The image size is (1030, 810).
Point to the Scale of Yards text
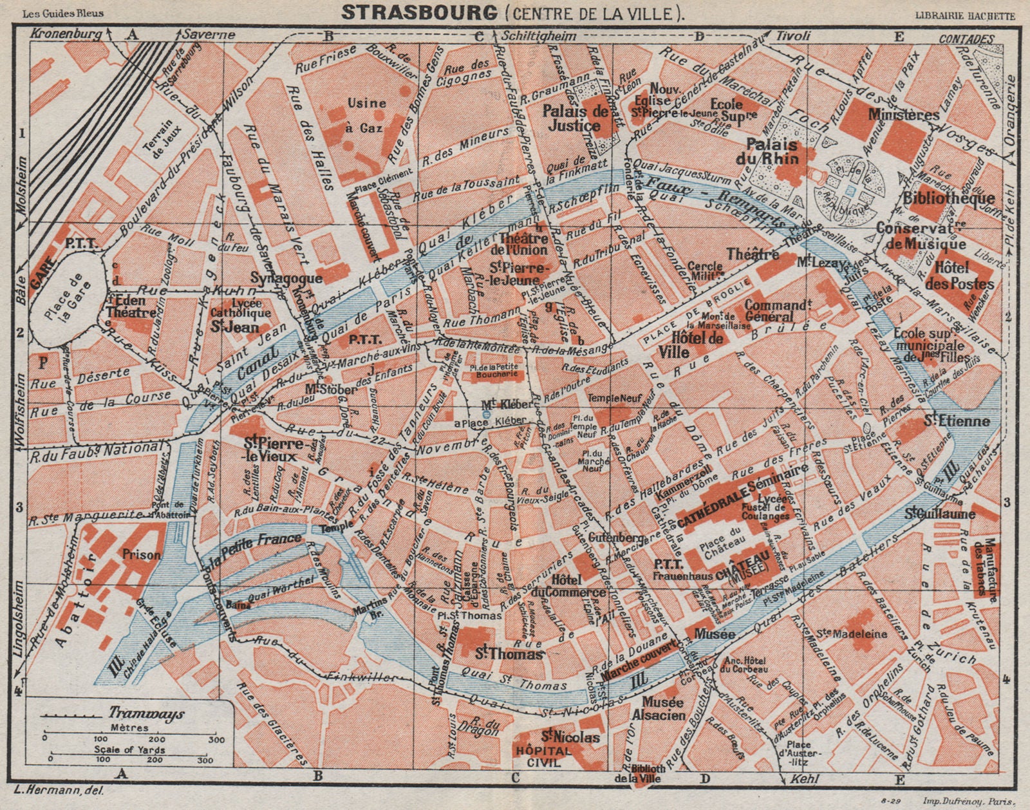[x=129, y=749]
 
